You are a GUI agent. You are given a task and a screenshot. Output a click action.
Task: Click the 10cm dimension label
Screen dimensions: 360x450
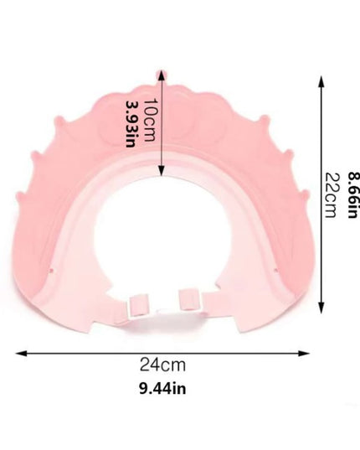(150, 120)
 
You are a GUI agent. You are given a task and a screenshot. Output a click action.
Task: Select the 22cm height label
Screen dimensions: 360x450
(330, 195)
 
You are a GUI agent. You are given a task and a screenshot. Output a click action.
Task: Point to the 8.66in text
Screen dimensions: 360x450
(353, 195)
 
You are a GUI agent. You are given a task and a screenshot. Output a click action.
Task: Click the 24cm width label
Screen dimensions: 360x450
(162, 365)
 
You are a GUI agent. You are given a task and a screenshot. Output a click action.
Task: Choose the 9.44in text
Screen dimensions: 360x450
(162, 389)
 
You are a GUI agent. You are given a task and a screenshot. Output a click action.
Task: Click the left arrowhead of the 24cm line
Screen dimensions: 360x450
(21, 354)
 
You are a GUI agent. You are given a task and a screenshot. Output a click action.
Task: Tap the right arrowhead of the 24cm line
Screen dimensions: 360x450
(304, 354)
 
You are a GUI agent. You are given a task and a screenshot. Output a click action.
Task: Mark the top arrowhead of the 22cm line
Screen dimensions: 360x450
(321, 81)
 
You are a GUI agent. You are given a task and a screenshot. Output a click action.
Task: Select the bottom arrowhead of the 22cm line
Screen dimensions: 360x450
(321, 308)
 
